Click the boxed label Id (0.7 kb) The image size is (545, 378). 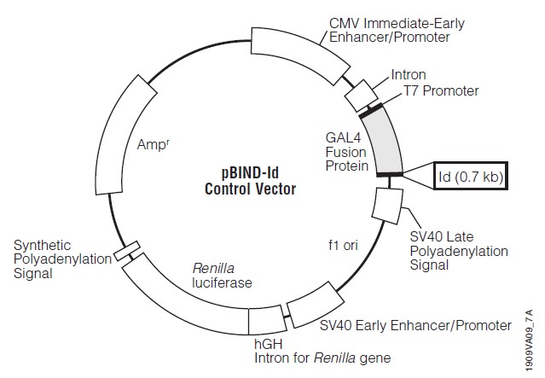[470, 177]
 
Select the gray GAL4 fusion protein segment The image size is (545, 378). [386, 140]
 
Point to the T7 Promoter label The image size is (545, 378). [441, 90]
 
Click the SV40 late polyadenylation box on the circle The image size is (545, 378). [389, 202]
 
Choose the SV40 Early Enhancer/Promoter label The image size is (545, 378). [415, 325]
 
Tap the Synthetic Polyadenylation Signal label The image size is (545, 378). [61, 259]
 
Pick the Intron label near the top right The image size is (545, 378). [409, 75]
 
